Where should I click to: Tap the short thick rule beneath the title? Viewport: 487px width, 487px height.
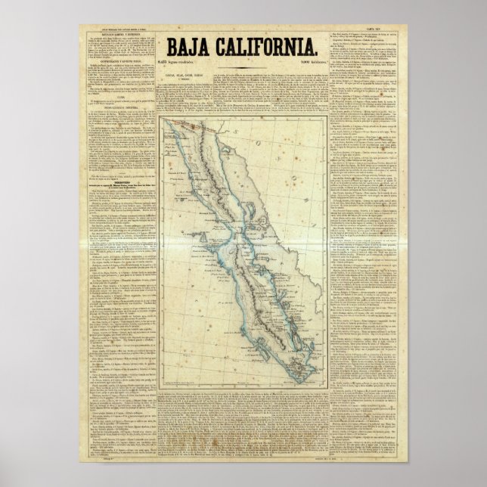click(243, 70)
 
